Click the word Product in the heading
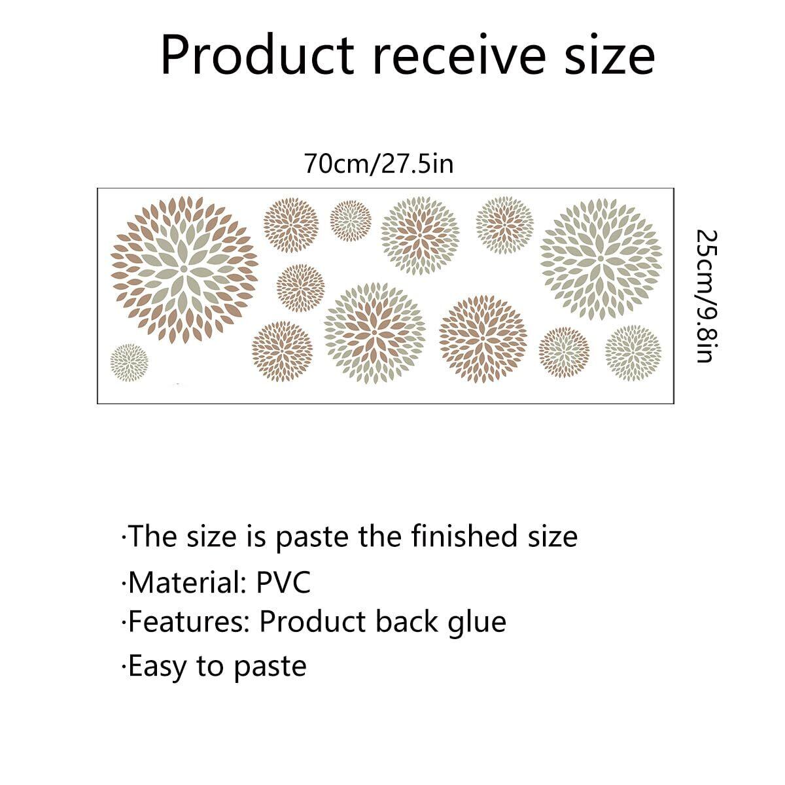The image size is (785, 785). (258, 56)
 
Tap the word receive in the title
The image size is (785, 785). (459, 56)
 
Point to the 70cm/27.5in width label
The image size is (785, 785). (379, 164)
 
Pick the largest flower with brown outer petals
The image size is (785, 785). (184, 269)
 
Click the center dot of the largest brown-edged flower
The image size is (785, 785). (184, 268)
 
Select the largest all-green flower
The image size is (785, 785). (601, 258)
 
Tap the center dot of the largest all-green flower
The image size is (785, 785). (601, 258)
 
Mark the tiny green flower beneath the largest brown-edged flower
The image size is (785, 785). (129, 362)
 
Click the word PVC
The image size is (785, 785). (283, 583)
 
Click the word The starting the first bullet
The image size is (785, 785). (153, 536)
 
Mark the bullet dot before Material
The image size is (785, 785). (124, 583)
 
